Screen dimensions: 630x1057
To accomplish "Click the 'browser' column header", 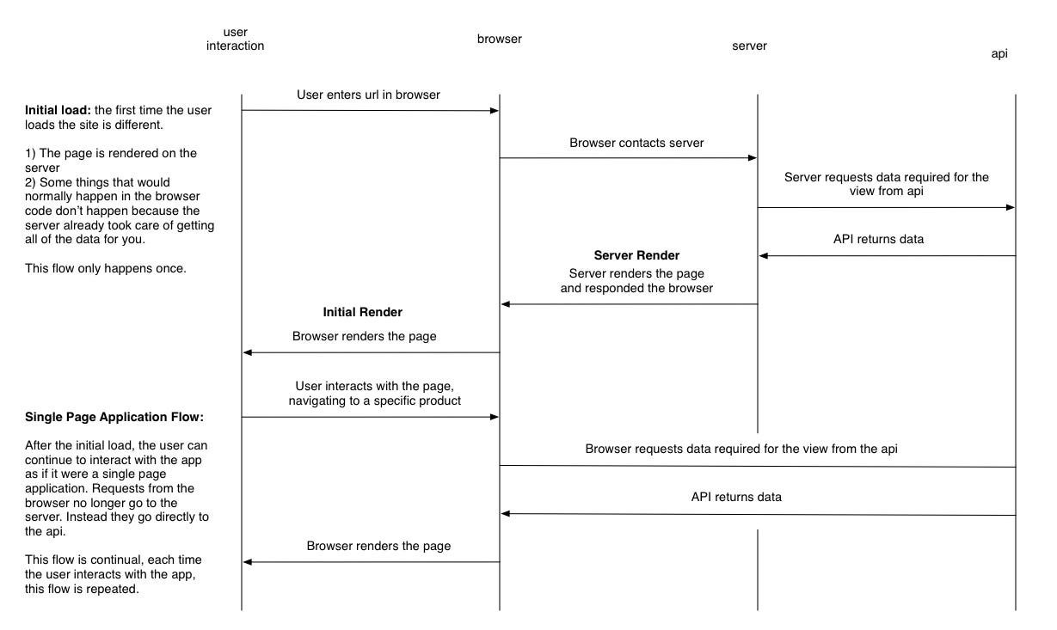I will pos(499,39).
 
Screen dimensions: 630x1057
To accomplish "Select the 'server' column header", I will pos(748,46).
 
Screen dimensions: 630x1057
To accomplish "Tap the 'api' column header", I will pos(999,53).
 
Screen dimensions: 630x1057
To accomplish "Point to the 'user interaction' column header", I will pos(235,39).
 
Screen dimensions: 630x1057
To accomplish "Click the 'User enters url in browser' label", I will pos(368,95).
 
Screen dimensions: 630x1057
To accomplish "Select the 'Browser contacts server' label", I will pos(636,143).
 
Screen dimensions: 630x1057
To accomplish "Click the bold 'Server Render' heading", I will pos(636,255).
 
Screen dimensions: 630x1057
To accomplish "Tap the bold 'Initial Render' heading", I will pos(362,312).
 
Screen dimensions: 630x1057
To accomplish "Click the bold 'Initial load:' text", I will pos(58,110).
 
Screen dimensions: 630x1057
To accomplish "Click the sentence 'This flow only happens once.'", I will pos(106,268).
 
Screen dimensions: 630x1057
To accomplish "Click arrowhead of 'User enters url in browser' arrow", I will pos(495,111).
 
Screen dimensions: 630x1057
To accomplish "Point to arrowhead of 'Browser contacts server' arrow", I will pos(753,158).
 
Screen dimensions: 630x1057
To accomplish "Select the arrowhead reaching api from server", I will pos(1011,207).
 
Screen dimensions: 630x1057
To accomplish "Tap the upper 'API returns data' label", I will pos(878,239).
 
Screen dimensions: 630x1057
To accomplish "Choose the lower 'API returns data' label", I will pos(736,497).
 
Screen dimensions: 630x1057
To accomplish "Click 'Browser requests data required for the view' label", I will pos(741,449).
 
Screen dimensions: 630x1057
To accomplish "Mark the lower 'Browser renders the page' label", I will pos(378,546).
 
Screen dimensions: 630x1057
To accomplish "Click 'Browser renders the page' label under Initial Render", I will pos(364,336).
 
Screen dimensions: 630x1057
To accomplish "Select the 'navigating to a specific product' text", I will pos(374,401).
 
